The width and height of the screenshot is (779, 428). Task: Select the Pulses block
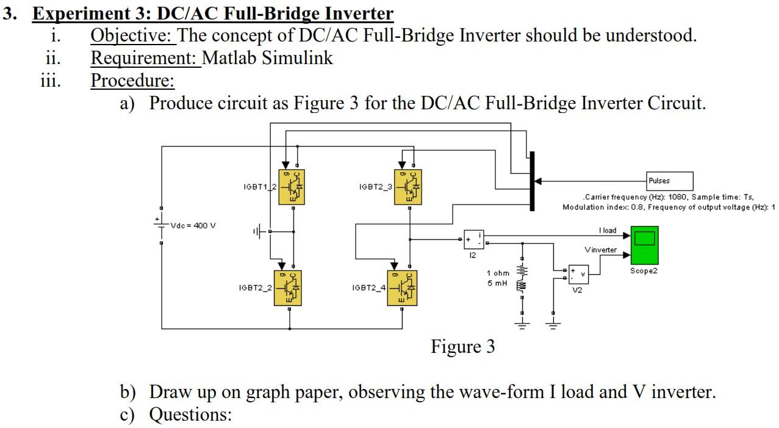[670, 181]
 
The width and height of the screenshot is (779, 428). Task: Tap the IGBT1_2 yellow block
[292, 186]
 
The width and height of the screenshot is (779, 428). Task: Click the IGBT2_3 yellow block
[407, 186]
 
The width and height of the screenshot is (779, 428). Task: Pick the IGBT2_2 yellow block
[288, 288]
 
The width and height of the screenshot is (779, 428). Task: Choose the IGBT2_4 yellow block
[403, 288]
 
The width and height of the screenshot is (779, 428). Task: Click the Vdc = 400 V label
[193, 225]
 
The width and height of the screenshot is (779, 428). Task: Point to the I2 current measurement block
[473, 239]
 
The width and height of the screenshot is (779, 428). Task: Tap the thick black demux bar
[532, 181]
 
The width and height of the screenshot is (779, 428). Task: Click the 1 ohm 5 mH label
[498, 278]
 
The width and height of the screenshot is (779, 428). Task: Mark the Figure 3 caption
[462, 347]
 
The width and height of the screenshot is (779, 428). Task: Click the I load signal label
[608, 230]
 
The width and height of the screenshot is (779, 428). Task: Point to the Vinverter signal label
[600, 250]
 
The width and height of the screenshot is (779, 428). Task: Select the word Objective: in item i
[132, 35]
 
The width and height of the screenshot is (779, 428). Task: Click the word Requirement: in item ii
[145, 58]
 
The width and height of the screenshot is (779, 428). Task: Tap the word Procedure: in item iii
[132, 80]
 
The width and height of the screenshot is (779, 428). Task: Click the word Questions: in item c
[190, 415]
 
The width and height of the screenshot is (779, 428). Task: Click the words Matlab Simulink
[267, 58]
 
